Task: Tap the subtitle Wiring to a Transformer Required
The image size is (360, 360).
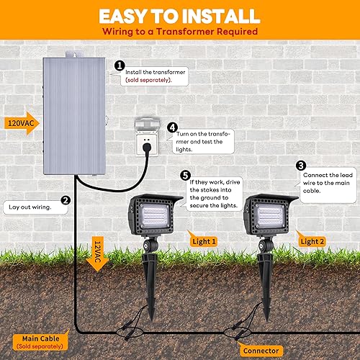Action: (179, 31)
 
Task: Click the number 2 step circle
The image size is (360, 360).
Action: (66, 201)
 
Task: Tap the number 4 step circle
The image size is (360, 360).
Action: (172, 128)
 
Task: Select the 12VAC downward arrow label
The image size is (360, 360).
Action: (95, 255)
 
